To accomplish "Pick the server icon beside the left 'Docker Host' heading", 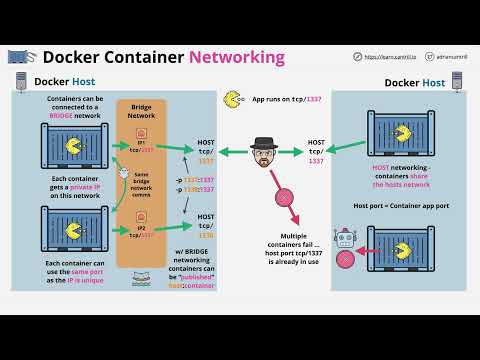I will coord(21,81).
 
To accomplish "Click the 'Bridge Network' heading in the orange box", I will coord(139,109).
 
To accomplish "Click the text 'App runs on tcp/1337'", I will coord(287,99).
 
